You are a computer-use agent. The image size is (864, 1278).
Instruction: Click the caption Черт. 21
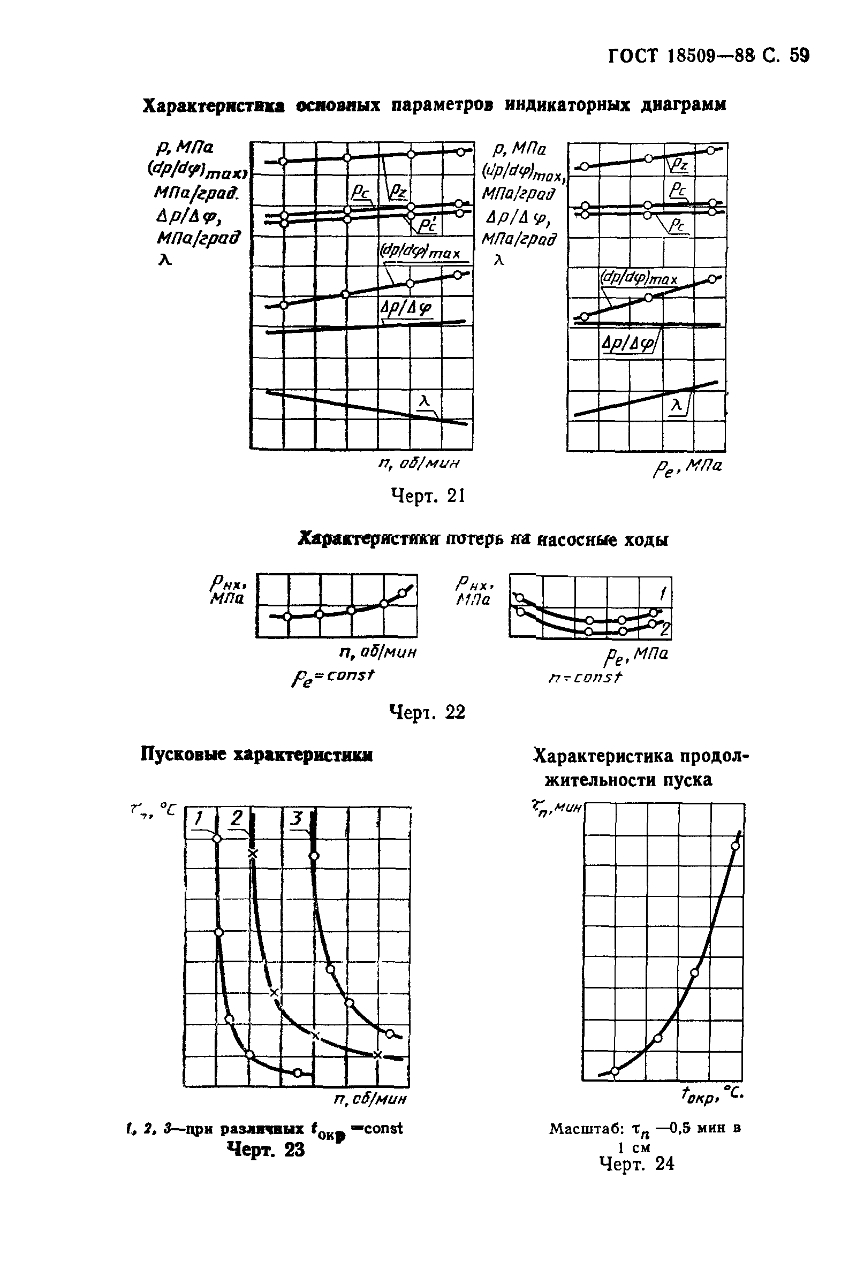click(427, 496)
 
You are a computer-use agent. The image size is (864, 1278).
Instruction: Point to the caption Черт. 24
click(636, 1163)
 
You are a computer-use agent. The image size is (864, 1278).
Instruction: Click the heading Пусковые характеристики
click(257, 755)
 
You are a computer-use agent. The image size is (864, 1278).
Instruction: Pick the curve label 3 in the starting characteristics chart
click(297, 819)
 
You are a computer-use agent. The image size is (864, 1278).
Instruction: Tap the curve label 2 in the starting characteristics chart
click(237, 819)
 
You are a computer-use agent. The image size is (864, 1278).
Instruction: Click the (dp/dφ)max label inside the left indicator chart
click(420, 253)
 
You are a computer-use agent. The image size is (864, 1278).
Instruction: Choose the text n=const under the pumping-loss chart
click(585, 678)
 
